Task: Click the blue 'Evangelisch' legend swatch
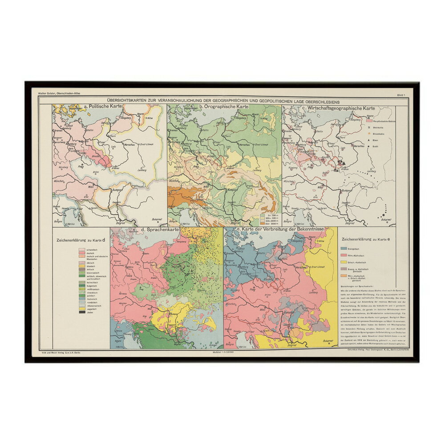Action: click(344, 249)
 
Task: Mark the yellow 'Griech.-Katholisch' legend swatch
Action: click(344, 263)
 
